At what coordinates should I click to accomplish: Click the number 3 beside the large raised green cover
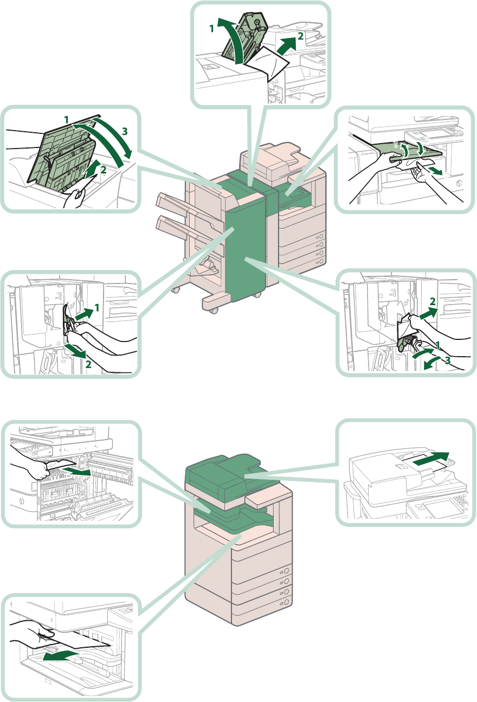125,132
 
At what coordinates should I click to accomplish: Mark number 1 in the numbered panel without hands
212,28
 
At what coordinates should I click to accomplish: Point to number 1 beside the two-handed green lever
97,308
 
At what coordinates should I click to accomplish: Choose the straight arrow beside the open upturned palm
437,171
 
